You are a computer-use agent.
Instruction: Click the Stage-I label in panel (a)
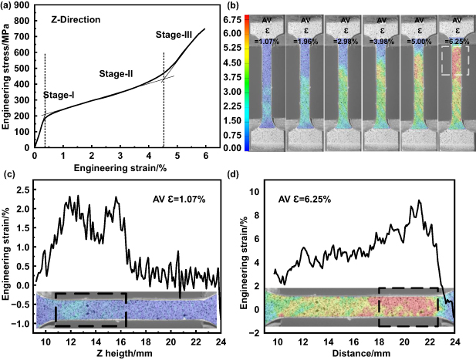tap(58, 95)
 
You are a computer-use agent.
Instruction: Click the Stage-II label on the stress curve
tap(116, 74)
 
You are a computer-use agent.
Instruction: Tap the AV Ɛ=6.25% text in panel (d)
tap(304, 199)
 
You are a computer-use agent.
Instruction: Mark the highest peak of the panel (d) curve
tap(419, 201)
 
